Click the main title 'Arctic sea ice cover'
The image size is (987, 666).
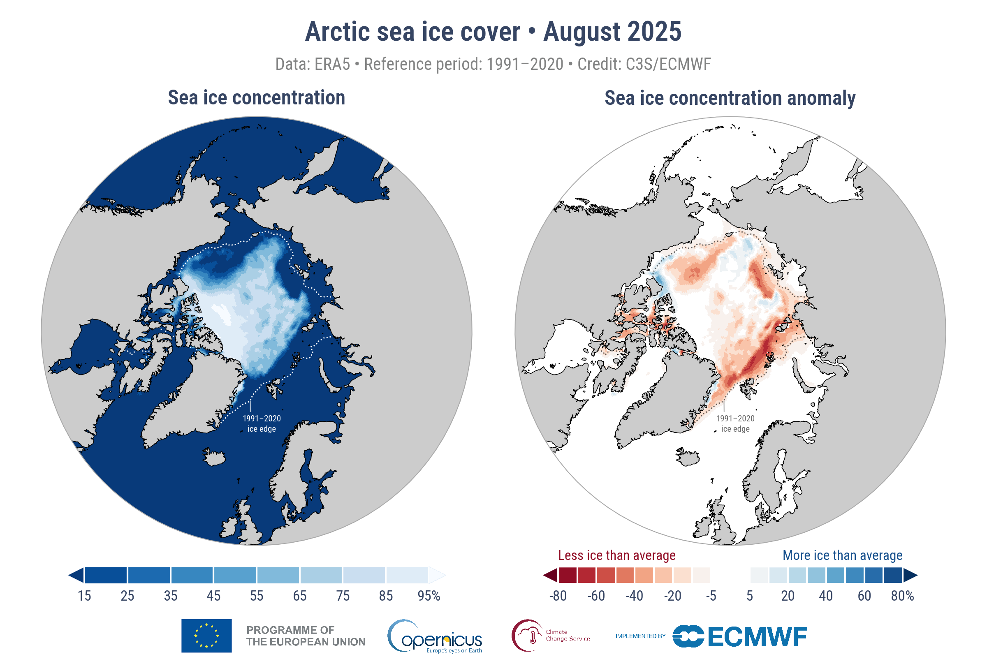click(412, 32)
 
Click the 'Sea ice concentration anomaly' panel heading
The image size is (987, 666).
click(730, 98)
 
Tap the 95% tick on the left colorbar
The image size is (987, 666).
click(429, 596)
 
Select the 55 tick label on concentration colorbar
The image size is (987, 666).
click(257, 596)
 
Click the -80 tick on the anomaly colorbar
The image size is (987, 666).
click(558, 596)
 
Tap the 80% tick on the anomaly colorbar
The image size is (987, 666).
click(902, 596)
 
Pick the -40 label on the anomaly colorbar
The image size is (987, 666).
click(634, 596)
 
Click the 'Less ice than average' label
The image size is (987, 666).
click(616, 555)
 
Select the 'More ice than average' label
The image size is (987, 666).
click(842, 555)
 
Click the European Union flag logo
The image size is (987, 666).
click(206, 636)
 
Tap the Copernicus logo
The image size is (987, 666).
click(435, 636)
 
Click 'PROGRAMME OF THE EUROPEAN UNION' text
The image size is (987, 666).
click(306, 636)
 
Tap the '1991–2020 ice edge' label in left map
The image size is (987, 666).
click(262, 423)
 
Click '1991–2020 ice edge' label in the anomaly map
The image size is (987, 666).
click(735, 423)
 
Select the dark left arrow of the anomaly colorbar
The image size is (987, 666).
click(550, 575)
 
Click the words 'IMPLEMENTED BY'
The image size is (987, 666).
click(640, 636)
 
